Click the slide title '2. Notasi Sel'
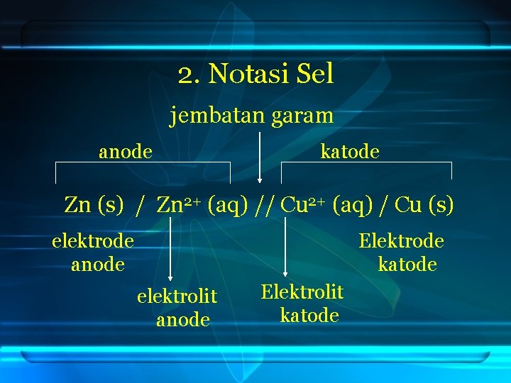point(255,74)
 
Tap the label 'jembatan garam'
point(251,115)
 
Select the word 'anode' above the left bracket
point(126,151)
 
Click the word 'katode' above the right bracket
point(350,151)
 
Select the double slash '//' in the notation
point(266,206)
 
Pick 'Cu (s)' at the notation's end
point(424,205)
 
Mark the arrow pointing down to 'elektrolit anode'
point(170,248)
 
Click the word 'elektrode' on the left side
point(93,241)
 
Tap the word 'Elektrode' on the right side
point(401,241)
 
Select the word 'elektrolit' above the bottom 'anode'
point(177,296)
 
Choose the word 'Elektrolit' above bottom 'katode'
point(302,292)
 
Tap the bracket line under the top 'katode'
point(366,163)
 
